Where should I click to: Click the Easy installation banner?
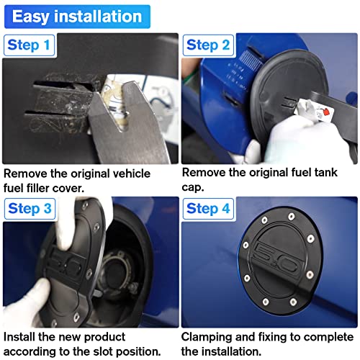tap(77, 17)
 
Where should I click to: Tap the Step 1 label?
tap(29, 45)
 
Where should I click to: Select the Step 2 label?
tap(208, 45)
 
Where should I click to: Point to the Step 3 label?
tap(30, 209)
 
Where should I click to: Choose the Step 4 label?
tap(208, 209)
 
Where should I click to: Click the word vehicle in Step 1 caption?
tap(131, 174)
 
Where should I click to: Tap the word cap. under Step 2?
tap(193, 188)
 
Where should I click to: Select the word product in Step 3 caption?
tap(104, 338)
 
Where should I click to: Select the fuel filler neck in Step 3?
tap(117, 272)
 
